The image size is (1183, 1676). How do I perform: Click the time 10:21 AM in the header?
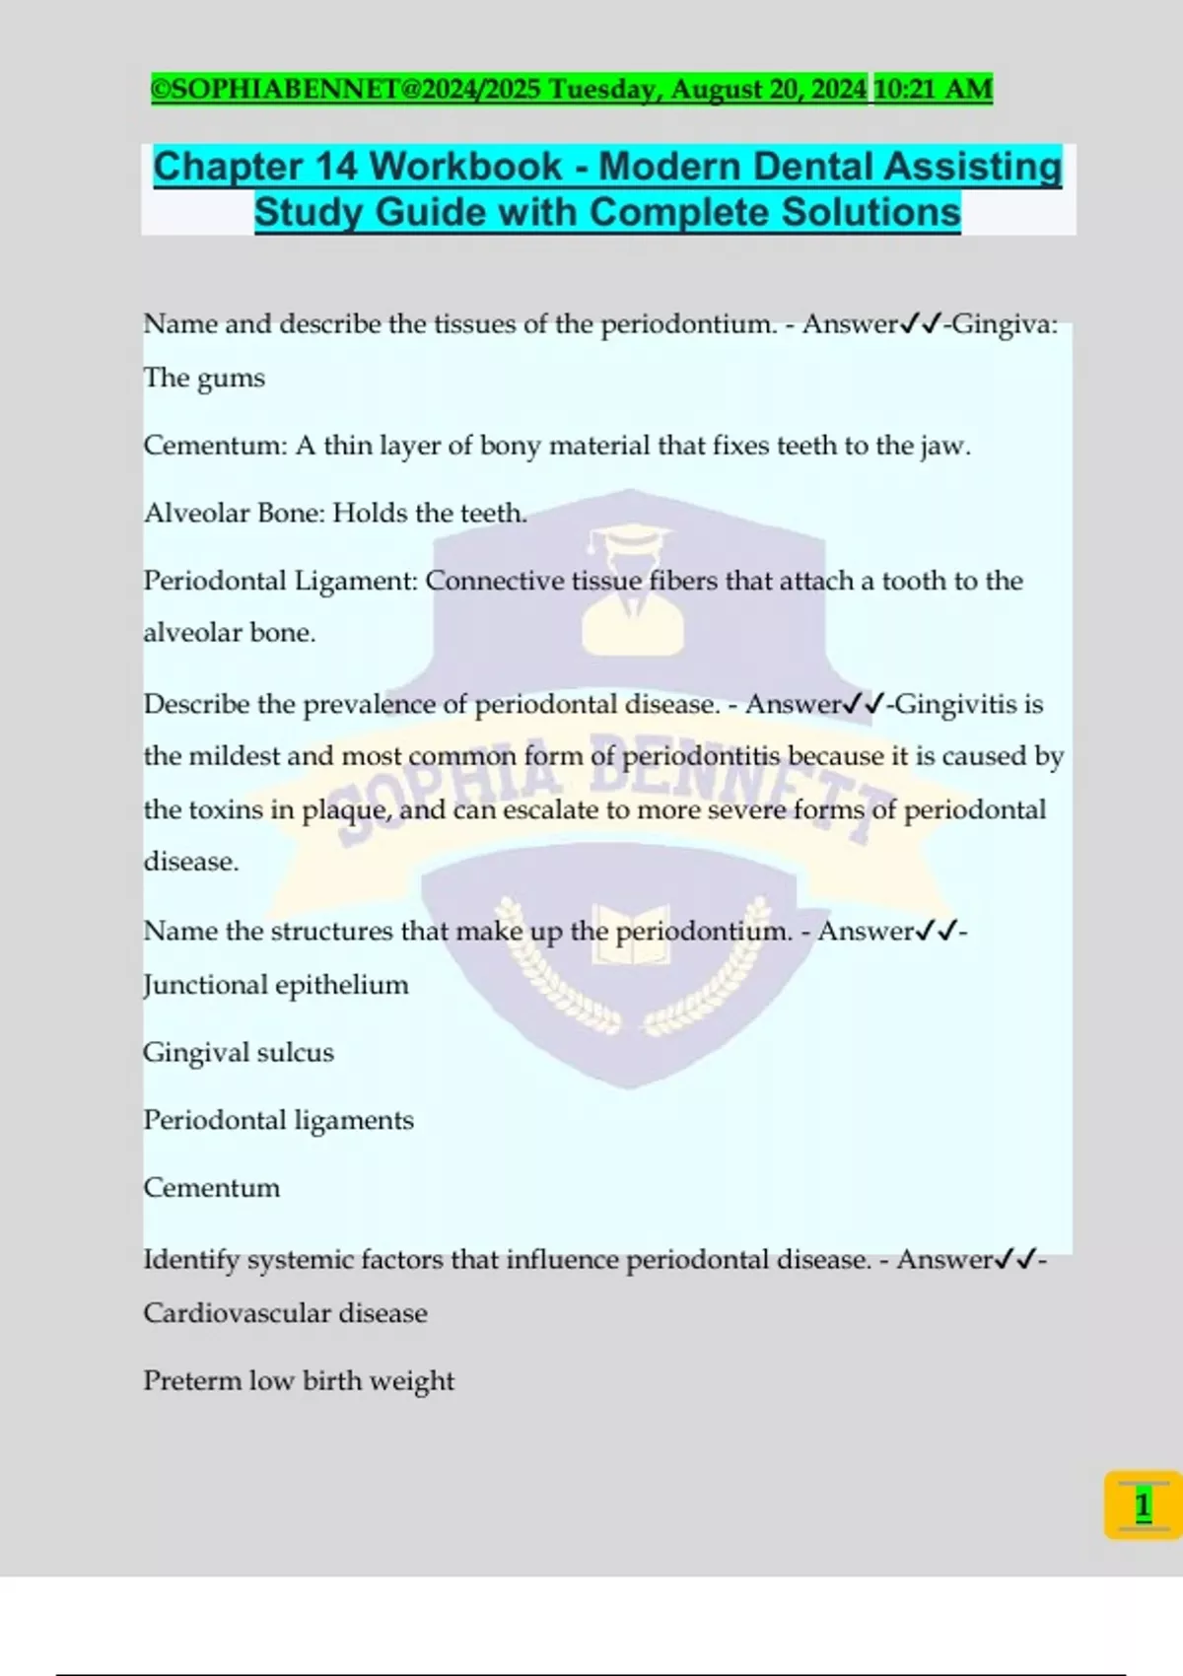point(933,90)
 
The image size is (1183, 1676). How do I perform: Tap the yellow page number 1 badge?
point(1143,1504)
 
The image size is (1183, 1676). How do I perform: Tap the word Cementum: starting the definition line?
point(215,446)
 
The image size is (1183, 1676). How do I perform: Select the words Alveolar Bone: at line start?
point(234,513)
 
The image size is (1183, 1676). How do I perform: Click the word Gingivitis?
point(955,704)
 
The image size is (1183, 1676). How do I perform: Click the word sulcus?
point(295,1052)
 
